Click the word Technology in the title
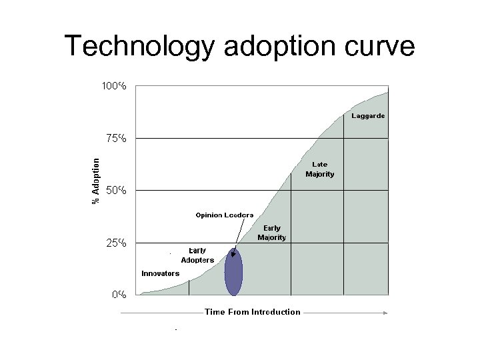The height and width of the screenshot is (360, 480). point(140,46)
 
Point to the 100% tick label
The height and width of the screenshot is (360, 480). point(114,86)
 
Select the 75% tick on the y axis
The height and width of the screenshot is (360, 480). point(117,139)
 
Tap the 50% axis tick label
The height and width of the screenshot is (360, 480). point(117,191)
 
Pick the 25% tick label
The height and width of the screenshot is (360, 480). point(117,243)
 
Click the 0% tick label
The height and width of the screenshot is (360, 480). point(119,294)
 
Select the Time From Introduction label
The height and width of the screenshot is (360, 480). point(252,312)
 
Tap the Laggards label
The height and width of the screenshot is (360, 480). point(367,116)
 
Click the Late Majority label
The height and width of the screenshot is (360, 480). point(320,169)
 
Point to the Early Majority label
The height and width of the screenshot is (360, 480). point(271,233)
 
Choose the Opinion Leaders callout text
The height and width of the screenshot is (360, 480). point(224,215)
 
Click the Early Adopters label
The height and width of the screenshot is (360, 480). point(197,255)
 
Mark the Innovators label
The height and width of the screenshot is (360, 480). point(160,273)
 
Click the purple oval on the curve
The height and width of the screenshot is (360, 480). point(233,272)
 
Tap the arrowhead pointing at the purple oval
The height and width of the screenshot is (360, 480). point(233,253)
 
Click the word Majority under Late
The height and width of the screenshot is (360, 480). point(320,174)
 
